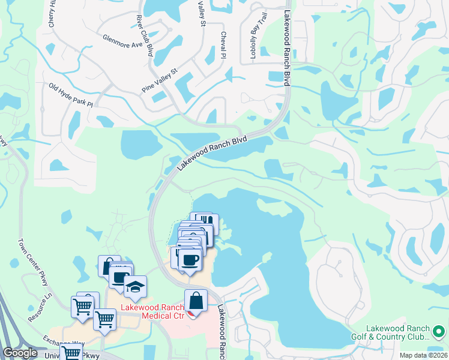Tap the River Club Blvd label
click(x=144, y=35)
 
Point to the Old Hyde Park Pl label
click(x=71, y=95)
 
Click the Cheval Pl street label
click(x=223, y=45)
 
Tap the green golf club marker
click(x=439, y=331)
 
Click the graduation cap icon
click(x=135, y=286)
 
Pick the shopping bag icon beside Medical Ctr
click(x=196, y=300)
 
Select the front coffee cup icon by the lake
click(x=190, y=259)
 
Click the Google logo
click(x=20, y=353)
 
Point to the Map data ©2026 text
click(x=423, y=355)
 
